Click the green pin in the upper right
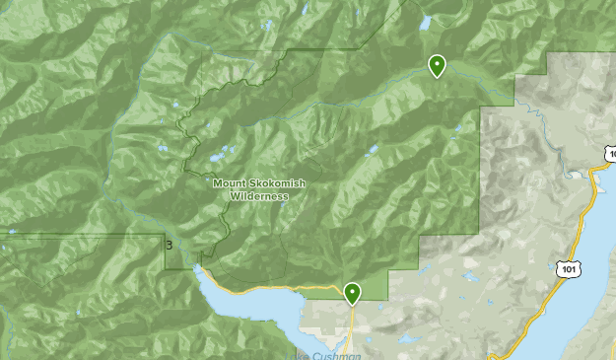click(437, 65)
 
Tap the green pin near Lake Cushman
click(352, 292)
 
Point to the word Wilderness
click(259, 195)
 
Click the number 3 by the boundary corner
click(170, 246)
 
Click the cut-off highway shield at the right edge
click(610, 154)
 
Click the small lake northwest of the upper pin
click(425, 22)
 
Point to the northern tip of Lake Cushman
click(200, 268)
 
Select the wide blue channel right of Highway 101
click(591, 296)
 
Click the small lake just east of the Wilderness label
click(371, 152)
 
